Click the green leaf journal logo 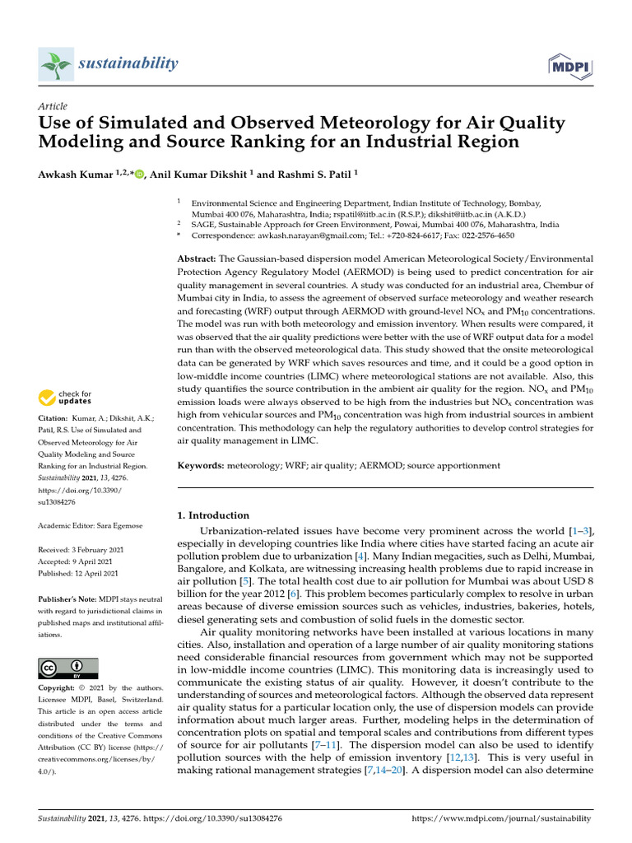tap(56, 63)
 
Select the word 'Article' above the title tap(53, 106)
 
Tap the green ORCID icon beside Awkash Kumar tap(138, 174)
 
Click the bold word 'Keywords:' tap(202, 465)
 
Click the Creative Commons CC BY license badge tap(68, 668)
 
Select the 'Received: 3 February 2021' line tap(81, 549)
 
